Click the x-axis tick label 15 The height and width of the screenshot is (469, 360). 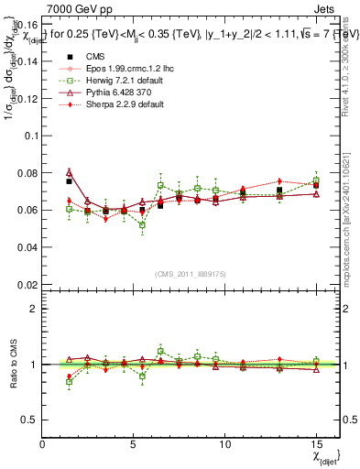click(x=316, y=443)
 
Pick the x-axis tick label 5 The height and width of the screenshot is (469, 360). click(x=134, y=443)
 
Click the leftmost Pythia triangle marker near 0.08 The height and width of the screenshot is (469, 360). click(x=70, y=171)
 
